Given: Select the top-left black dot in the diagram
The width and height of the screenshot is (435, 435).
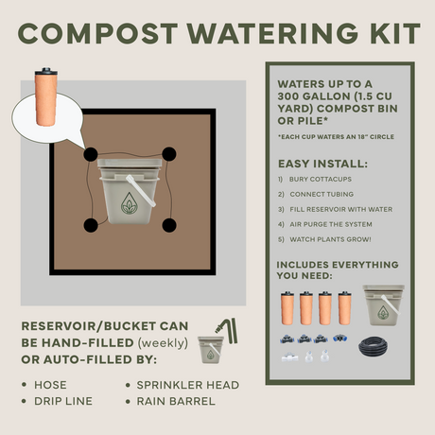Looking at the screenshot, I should click(89, 154).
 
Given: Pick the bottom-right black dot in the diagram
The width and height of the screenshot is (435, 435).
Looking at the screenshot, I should click(169, 225).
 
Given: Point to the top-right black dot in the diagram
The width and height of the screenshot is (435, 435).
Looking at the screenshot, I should click(169, 154).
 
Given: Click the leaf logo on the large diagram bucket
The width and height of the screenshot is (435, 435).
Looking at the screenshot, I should click(130, 211).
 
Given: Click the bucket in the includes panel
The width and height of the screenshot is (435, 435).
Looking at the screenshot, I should click(383, 305).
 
